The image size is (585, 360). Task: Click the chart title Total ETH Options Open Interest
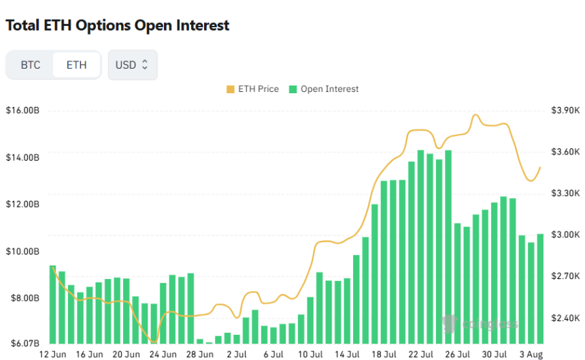[117, 26]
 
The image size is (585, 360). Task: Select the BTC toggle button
[31, 65]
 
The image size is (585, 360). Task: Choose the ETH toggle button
[76, 65]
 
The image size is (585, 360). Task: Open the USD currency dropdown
[133, 65]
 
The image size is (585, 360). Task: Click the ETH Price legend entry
[252, 89]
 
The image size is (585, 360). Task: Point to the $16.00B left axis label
[22, 110]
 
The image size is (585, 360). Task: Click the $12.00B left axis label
[22, 204]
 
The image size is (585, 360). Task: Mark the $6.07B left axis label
[22, 343]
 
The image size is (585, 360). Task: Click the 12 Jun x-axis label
[53, 354]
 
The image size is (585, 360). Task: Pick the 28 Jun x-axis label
[201, 354]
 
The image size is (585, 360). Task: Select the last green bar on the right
[540, 289]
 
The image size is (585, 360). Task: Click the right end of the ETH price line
[540, 167]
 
